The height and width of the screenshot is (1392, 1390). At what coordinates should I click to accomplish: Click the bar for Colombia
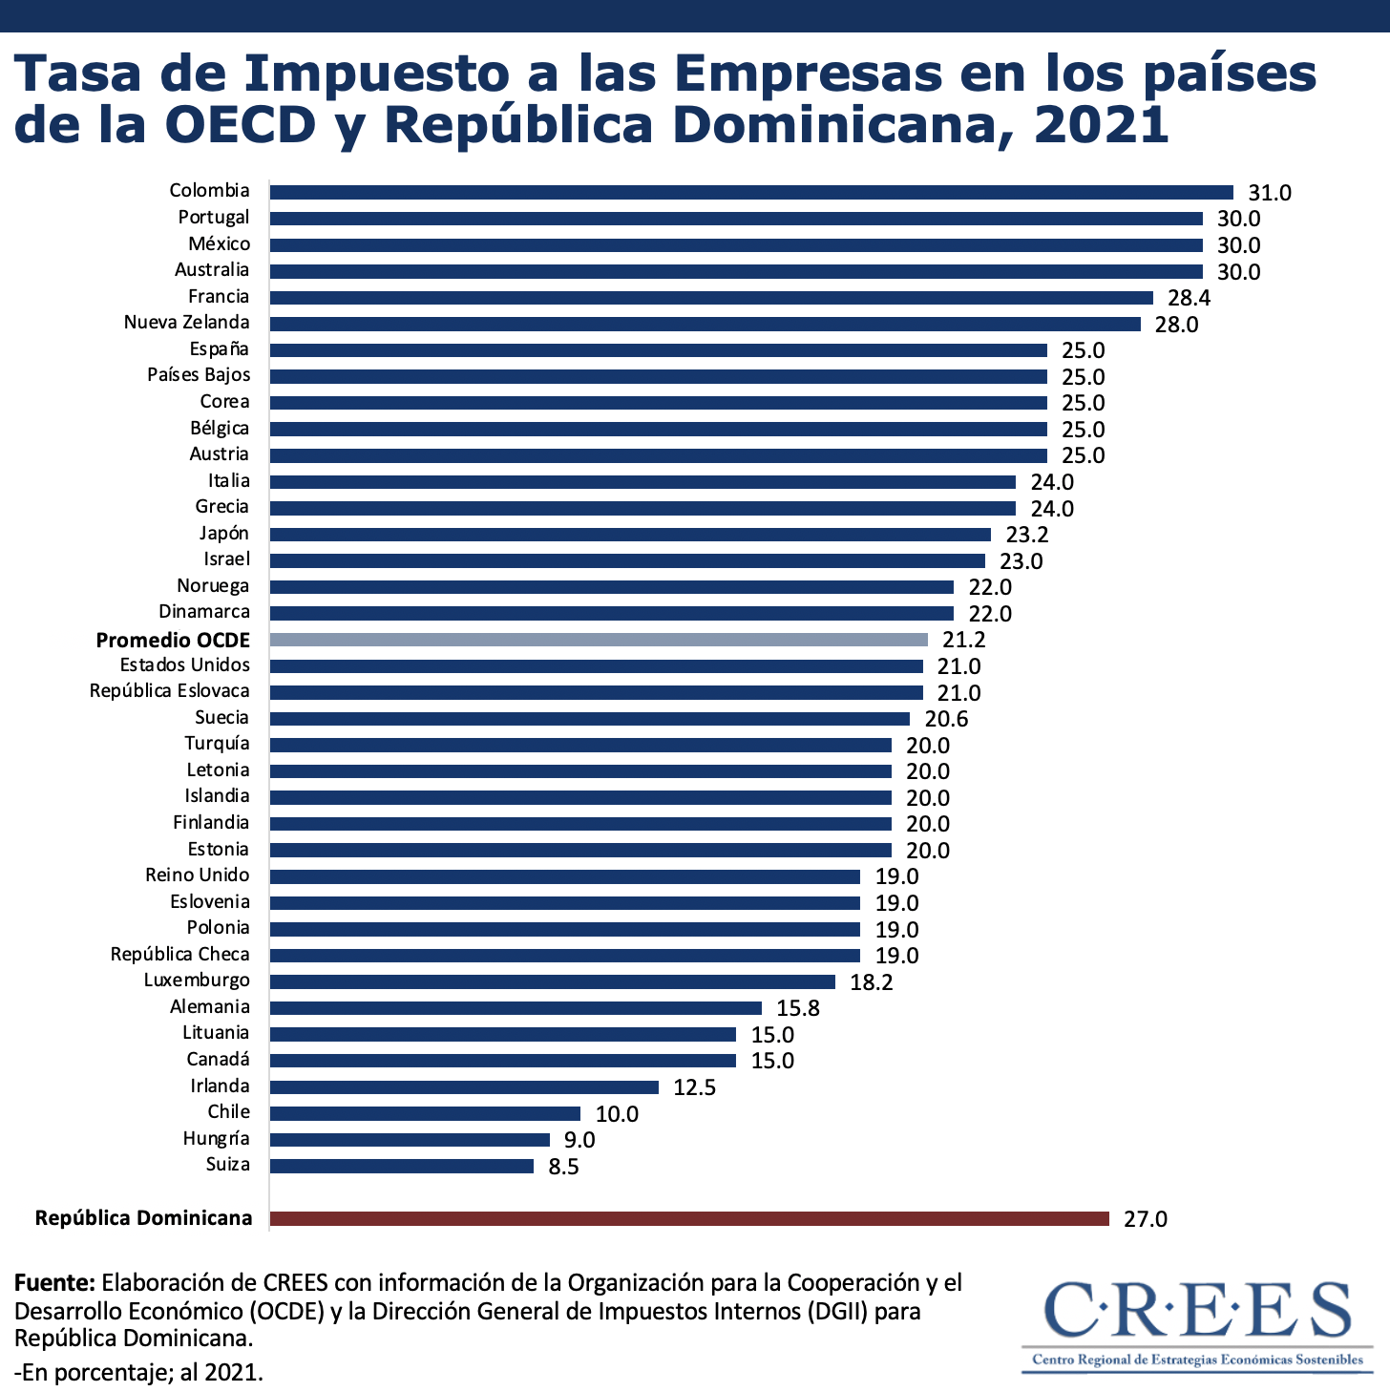(x=751, y=192)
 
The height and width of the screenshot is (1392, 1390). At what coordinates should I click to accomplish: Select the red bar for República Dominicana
(x=689, y=1218)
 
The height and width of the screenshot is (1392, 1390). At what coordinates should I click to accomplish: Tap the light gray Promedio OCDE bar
(x=599, y=640)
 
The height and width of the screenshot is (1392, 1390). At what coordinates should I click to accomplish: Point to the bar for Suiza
(x=402, y=1166)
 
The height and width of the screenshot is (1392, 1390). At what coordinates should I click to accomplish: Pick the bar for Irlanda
(x=464, y=1087)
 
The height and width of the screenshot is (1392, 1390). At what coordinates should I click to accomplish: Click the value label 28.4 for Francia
(x=1189, y=298)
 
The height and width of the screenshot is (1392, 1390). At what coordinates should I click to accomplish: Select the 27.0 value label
(x=1145, y=1219)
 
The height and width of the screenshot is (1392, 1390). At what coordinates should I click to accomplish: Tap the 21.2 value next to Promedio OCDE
(x=963, y=640)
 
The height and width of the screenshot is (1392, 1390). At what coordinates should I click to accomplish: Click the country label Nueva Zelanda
(x=186, y=323)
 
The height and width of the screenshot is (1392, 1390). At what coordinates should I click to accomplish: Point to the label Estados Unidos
(x=184, y=665)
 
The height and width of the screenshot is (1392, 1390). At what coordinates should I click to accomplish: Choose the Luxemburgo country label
(x=197, y=981)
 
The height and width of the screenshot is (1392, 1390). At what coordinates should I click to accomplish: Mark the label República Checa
(x=179, y=955)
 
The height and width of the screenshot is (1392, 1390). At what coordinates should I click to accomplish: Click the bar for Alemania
(x=516, y=1008)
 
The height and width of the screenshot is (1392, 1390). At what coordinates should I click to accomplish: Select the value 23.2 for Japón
(x=1027, y=535)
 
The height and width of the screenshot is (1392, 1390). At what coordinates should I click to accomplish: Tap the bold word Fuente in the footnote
(x=54, y=1282)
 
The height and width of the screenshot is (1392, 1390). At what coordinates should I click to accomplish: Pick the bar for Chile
(x=425, y=1113)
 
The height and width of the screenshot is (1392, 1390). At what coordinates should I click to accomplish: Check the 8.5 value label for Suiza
(x=563, y=1167)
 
